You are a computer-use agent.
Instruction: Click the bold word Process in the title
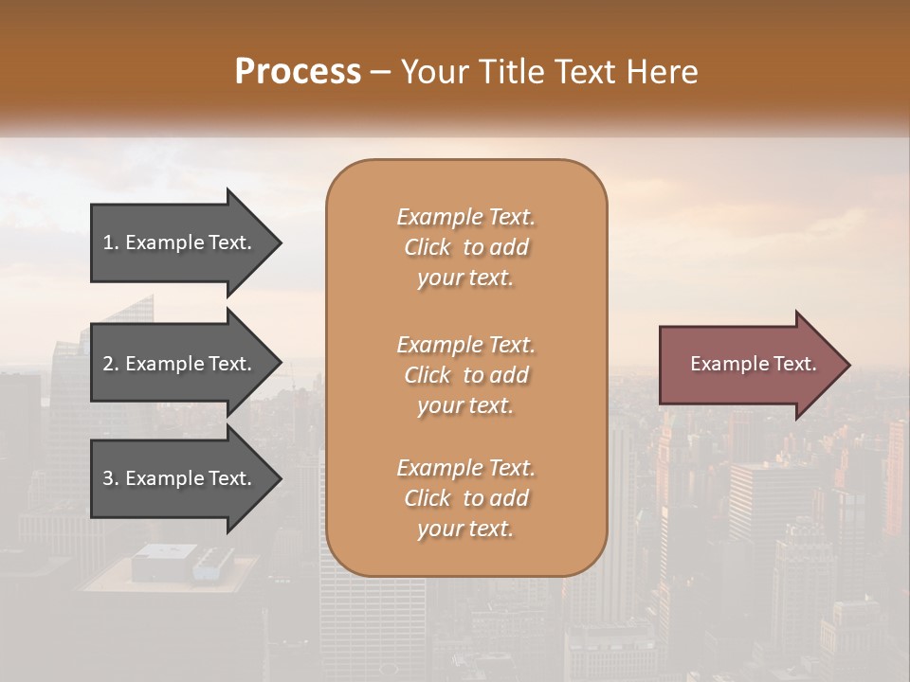[298, 71]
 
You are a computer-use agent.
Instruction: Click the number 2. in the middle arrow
[111, 364]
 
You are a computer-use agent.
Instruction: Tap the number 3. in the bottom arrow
[111, 478]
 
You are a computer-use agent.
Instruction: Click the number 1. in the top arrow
[111, 242]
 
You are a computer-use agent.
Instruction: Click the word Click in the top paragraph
[428, 247]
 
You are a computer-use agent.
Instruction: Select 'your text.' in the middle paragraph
[465, 405]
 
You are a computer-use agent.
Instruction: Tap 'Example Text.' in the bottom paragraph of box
[465, 468]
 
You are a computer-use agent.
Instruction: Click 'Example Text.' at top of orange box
[465, 217]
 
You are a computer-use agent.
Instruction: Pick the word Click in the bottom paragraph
[428, 498]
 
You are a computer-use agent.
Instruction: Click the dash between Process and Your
[381, 73]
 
